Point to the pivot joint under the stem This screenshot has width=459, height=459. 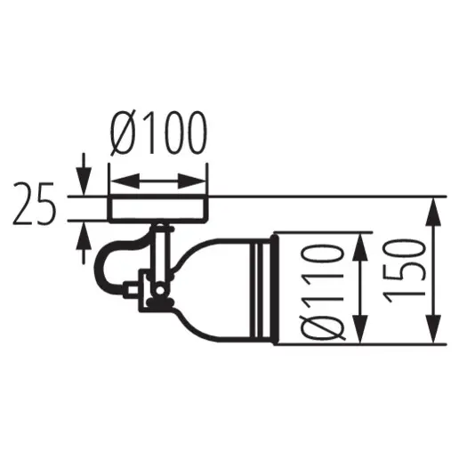tap(157, 291)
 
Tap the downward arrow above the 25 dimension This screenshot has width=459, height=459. tap(83, 184)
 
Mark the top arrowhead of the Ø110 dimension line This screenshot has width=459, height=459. tap(359, 245)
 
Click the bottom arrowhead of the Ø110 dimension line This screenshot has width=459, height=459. tap(359, 335)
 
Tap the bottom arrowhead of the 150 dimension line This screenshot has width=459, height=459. tap(433, 335)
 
